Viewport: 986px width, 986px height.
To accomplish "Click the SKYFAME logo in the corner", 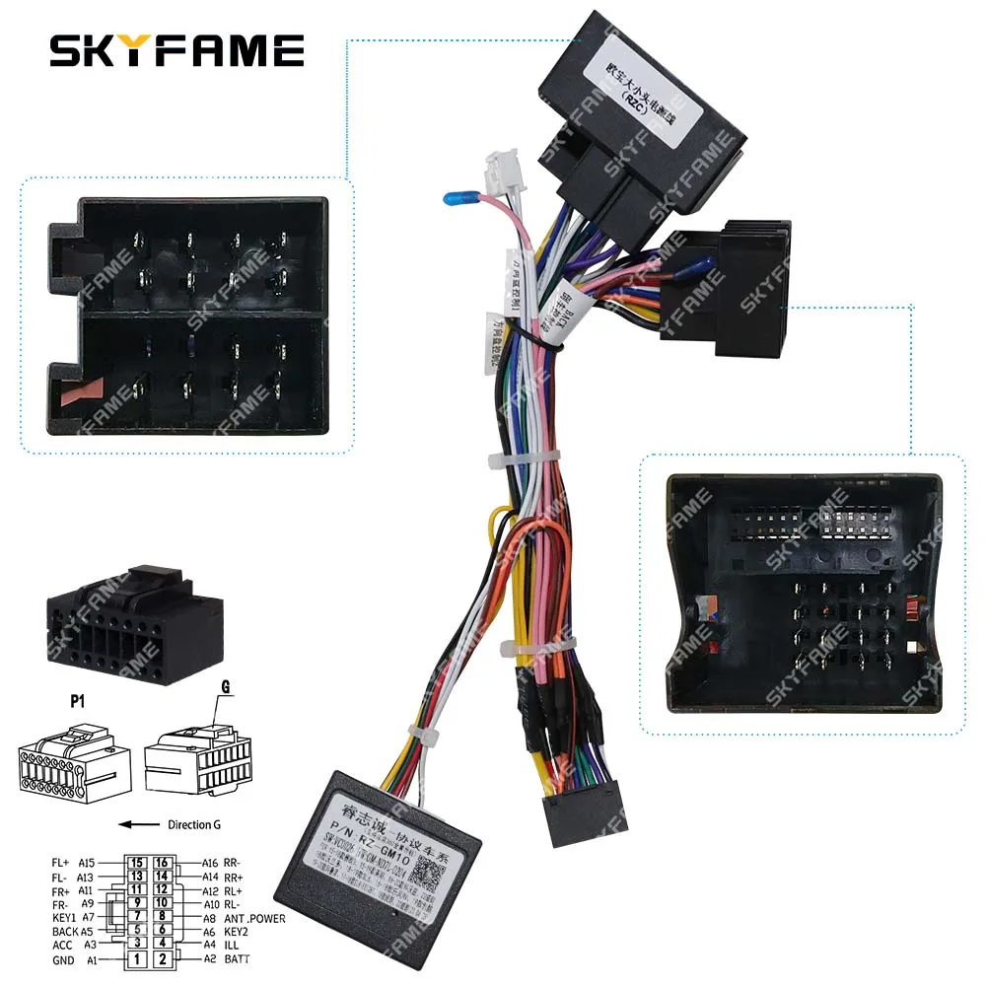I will coord(176,49).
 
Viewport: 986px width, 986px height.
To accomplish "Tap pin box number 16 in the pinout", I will coord(163,864).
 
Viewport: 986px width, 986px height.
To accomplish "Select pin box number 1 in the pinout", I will coord(139,958).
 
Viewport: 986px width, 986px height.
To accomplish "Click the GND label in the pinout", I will coord(64,958).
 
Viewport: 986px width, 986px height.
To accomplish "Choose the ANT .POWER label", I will coord(255,918).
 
